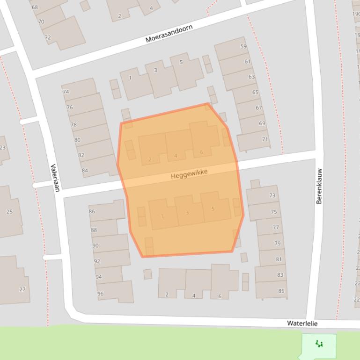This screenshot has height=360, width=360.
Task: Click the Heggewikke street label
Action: tap(189, 174)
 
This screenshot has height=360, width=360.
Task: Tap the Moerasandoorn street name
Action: tap(169, 34)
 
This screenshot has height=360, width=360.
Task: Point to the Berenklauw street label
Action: tap(319, 186)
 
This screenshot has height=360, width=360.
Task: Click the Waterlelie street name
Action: tap(302, 324)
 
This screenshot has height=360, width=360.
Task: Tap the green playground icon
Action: tap(319, 345)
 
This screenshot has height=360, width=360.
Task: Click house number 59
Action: tap(243, 46)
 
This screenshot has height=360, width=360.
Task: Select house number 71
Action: tap(265, 139)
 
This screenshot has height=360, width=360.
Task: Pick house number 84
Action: tap(85, 170)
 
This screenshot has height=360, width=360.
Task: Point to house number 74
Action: tap(66, 92)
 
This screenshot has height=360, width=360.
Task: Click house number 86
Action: tap(92, 211)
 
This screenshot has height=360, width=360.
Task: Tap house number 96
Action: tap(100, 294)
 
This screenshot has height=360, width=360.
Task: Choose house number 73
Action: tap(272, 195)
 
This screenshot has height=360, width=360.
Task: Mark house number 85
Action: tap(281, 291)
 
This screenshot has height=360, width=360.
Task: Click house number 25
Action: tap(9, 212)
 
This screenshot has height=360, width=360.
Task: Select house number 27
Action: tap(22, 289)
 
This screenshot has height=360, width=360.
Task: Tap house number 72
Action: tap(48, 37)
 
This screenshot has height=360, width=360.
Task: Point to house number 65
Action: tap(255, 92)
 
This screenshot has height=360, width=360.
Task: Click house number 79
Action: tap(277, 243)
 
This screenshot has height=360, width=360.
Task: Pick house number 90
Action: tap(96, 245)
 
